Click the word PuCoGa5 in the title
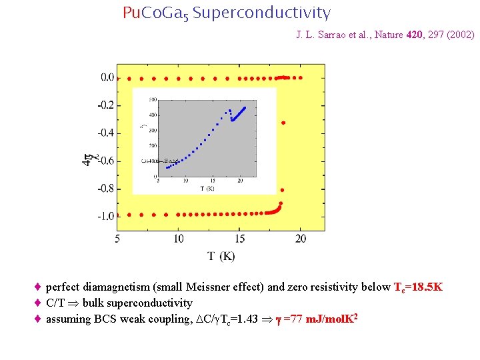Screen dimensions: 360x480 point(155,13)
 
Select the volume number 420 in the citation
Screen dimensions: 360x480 point(414,35)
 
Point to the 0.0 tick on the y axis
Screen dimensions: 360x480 point(107,78)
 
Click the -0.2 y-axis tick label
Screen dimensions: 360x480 point(105,105)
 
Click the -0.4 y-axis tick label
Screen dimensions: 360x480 point(105,133)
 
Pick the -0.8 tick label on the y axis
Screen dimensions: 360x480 point(105,189)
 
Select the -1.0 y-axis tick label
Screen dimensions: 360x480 point(105,217)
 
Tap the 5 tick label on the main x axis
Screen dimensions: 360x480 point(118,239)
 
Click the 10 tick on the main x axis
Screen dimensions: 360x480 point(179,239)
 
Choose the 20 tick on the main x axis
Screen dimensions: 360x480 point(301,239)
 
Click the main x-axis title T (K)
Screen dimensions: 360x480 point(221,256)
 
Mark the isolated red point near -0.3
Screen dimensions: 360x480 point(283,123)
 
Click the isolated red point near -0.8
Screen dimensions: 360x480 point(282,190)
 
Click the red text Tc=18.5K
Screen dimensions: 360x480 point(418,287)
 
